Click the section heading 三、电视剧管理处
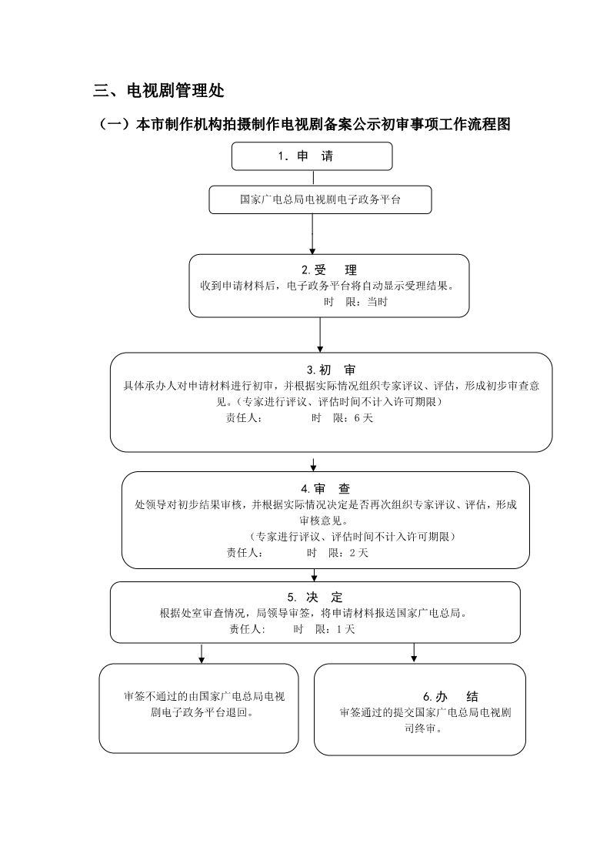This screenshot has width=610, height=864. [158, 90]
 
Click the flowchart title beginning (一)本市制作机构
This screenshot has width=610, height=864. [304, 125]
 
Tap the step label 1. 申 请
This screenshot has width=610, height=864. [305, 156]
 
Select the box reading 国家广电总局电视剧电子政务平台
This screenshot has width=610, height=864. [320, 199]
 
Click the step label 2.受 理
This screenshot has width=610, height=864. [329, 270]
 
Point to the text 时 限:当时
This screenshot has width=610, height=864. [355, 302]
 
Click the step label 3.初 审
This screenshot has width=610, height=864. [332, 370]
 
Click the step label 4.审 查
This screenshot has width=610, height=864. [325, 489]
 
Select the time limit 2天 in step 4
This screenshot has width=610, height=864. [359, 553]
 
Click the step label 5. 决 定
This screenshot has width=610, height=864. [315, 598]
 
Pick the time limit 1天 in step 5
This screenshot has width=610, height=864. [345, 629]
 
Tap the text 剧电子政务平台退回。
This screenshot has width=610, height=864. [202, 712]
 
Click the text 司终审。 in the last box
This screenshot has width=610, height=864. [424, 728]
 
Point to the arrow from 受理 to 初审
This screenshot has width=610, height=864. [320, 335]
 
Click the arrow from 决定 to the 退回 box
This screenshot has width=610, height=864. [202, 653]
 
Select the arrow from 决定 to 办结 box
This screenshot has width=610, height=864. [414, 653]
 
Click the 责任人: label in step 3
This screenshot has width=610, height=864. [244, 418]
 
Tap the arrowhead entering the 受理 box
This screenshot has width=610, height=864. [312, 251]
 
